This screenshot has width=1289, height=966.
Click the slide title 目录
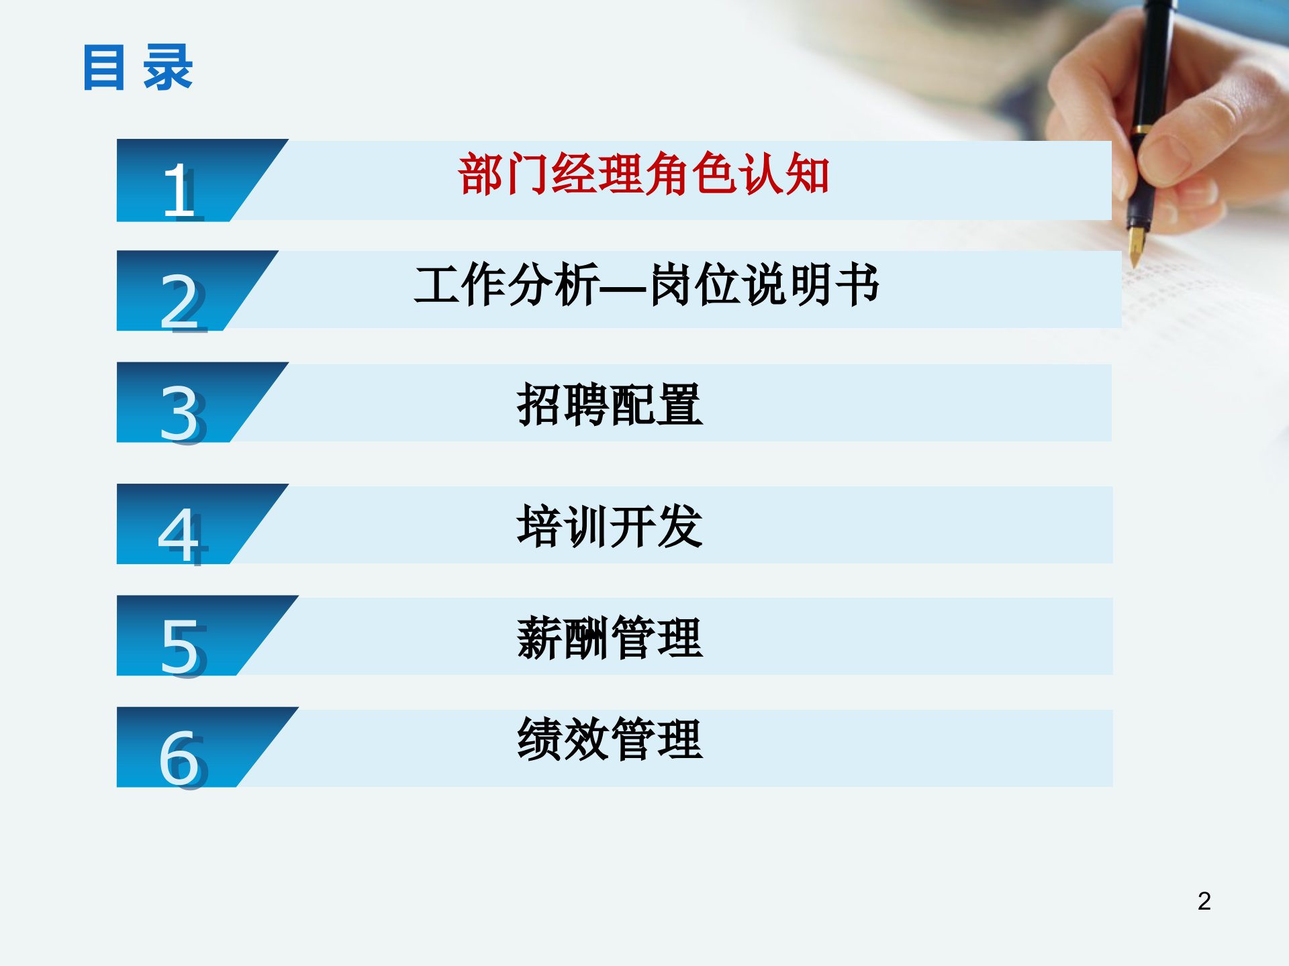click(138, 68)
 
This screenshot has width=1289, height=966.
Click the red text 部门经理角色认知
click(643, 174)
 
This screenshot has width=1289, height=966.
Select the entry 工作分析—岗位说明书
click(647, 285)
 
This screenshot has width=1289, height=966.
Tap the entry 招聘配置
click(610, 405)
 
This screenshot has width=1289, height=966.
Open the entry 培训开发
click(610, 527)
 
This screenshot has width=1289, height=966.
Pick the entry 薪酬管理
click(610, 638)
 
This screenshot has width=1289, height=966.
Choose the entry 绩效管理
click(610, 739)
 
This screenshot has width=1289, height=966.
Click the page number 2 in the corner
click(1204, 901)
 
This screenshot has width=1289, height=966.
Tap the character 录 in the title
click(168, 68)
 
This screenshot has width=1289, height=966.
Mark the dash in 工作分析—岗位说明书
click(624, 288)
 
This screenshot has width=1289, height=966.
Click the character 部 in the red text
click(481, 174)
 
